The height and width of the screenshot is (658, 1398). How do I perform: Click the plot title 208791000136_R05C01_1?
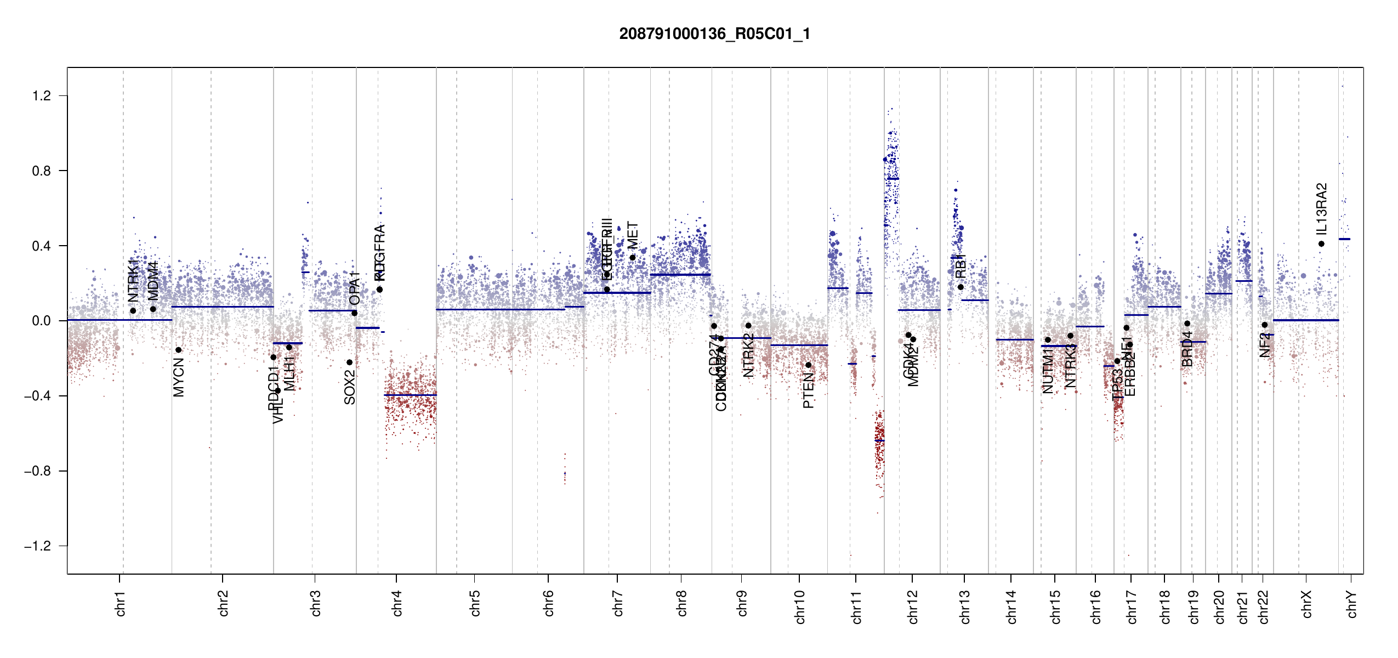(714, 34)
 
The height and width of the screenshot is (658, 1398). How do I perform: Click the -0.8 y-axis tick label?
(37, 471)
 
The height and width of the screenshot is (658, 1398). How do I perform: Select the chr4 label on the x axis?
(397, 603)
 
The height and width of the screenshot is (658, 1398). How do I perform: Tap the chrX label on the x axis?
(1306, 604)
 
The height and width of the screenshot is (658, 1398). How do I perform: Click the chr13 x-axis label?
(964, 606)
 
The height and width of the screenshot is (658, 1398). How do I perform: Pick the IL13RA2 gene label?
(1321, 208)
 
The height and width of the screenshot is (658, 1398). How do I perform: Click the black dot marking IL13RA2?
(1321, 244)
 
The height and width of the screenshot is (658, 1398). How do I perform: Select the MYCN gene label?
(179, 377)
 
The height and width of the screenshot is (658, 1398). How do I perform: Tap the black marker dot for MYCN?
(178, 350)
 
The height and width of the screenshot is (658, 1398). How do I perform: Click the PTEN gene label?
(808, 390)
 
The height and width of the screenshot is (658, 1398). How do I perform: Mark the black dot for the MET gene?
(632, 258)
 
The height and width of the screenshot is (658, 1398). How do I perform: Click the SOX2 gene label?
(350, 387)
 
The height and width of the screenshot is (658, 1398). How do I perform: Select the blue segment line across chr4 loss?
(411, 395)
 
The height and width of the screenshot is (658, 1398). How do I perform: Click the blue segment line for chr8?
(680, 275)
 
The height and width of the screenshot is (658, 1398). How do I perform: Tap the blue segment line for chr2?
(223, 307)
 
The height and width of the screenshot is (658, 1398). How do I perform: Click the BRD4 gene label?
(1187, 349)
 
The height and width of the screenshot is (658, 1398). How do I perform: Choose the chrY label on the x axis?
(1351, 604)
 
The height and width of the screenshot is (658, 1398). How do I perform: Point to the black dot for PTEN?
(808, 365)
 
